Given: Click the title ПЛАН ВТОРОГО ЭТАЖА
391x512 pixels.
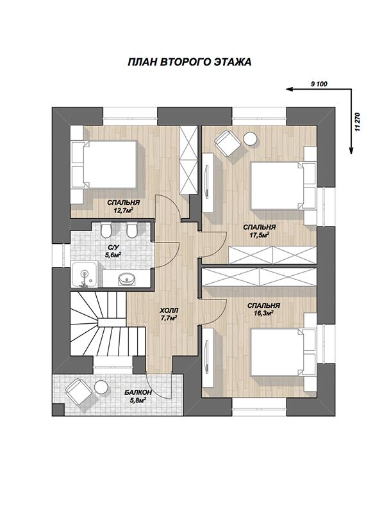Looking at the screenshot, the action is [190, 61].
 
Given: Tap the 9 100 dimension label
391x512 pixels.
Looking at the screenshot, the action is [319, 84].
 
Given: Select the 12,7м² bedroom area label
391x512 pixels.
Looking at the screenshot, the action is [123, 210].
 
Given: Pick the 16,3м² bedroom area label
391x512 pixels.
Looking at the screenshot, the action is [263, 313].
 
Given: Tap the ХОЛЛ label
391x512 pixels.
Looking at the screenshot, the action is [169, 310].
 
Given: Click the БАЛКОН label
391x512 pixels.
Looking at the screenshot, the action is [138, 393].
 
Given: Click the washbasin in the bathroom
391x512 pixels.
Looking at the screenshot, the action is [126, 279].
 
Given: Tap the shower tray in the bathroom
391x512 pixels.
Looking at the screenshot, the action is [84, 275].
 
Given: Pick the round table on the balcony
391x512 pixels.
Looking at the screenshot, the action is [101, 387].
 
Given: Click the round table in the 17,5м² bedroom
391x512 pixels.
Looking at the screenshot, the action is [251, 139].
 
